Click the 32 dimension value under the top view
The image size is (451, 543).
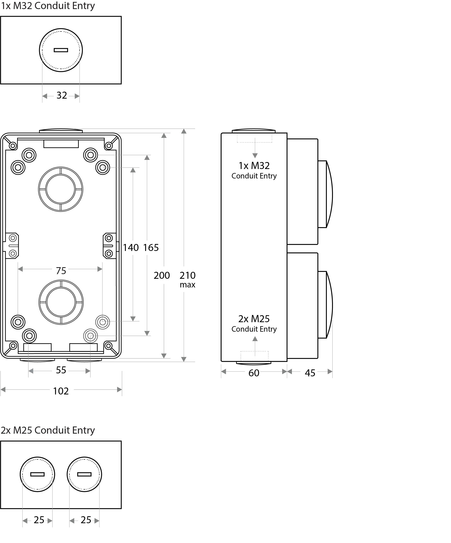coord(62,95)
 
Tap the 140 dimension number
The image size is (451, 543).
coord(131,248)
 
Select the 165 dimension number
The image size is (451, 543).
coord(151,248)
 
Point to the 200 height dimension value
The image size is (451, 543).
coord(162,275)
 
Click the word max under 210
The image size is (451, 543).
coord(188,285)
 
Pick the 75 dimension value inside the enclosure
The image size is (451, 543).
coord(61,271)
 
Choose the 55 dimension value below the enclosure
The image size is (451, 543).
coord(61,370)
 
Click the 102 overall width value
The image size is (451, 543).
coord(61,391)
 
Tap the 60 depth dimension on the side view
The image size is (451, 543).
coord(254,373)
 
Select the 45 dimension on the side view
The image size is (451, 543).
coord(310,373)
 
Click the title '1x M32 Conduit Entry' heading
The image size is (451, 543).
coord(48,6)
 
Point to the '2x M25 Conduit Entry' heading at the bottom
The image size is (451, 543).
coord(48,430)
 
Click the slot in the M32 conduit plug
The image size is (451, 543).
coord(61,50)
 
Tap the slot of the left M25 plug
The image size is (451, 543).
coord(37,474)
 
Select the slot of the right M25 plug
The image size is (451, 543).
coord(84,474)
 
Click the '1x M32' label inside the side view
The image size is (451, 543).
coord(254,165)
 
